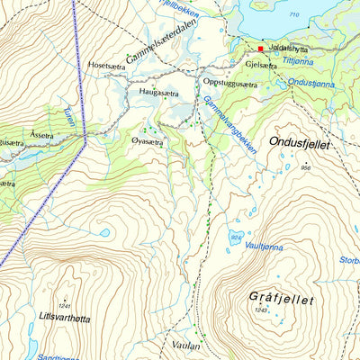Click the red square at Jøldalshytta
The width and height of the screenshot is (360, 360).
[x=261, y=49]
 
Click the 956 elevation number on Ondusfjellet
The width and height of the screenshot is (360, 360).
[x=306, y=168]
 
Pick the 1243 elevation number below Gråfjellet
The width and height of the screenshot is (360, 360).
[x=261, y=310]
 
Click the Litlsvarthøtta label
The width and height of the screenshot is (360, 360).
[x=65, y=318]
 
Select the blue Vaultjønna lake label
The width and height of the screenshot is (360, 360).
[x=263, y=247]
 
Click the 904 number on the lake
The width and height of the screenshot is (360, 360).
[x=236, y=237]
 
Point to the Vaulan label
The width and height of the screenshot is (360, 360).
[x=183, y=344]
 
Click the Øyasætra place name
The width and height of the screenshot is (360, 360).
[x=146, y=142]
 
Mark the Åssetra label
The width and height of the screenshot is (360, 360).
[x=41, y=133]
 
